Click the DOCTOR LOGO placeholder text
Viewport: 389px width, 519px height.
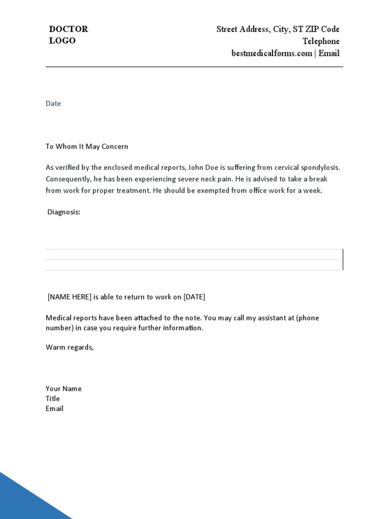(x=68, y=35)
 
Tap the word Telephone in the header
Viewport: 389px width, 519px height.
(x=321, y=41)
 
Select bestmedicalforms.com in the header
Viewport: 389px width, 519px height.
(x=271, y=53)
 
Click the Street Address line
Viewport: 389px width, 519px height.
(x=278, y=29)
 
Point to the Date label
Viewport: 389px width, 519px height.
(x=53, y=103)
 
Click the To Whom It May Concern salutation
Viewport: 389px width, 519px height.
(x=87, y=146)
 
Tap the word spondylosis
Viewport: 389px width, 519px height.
(x=320, y=167)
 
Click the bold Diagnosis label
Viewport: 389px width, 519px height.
(x=64, y=212)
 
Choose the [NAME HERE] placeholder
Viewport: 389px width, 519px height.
(x=69, y=297)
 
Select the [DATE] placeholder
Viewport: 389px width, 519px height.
(x=194, y=297)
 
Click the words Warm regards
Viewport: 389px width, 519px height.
(x=70, y=347)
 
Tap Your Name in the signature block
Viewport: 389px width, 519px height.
(x=63, y=389)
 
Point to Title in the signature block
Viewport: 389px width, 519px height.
(x=53, y=398)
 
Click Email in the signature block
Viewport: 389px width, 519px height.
(x=54, y=409)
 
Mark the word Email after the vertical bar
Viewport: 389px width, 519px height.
(x=329, y=53)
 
